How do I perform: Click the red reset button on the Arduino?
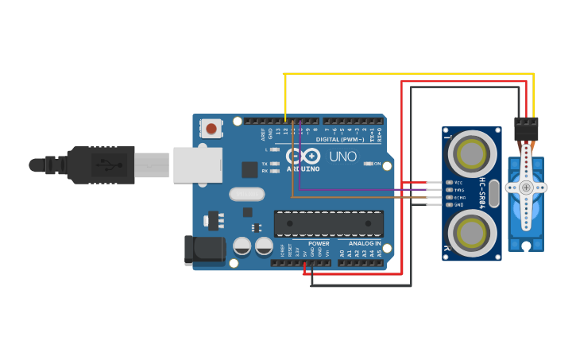[x=211, y=127]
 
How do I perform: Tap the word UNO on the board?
[x=342, y=157]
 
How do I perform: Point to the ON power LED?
[x=368, y=164]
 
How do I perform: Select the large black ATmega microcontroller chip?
[x=328, y=223]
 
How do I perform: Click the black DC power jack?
[x=204, y=250]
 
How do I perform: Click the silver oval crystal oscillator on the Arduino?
[x=246, y=194]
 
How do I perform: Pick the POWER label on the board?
[x=319, y=244]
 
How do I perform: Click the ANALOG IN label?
[x=365, y=244]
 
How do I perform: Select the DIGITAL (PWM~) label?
[x=340, y=139]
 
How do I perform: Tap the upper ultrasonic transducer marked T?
[x=472, y=153]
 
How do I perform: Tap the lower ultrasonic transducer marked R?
[x=472, y=234]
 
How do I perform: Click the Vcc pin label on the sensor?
[x=458, y=183]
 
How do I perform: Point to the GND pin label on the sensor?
[x=458, y=204]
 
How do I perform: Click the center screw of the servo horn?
[x=526, y=188]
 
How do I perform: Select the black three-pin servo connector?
[x=526, y=127]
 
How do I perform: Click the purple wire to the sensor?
[x=358, y=190]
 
